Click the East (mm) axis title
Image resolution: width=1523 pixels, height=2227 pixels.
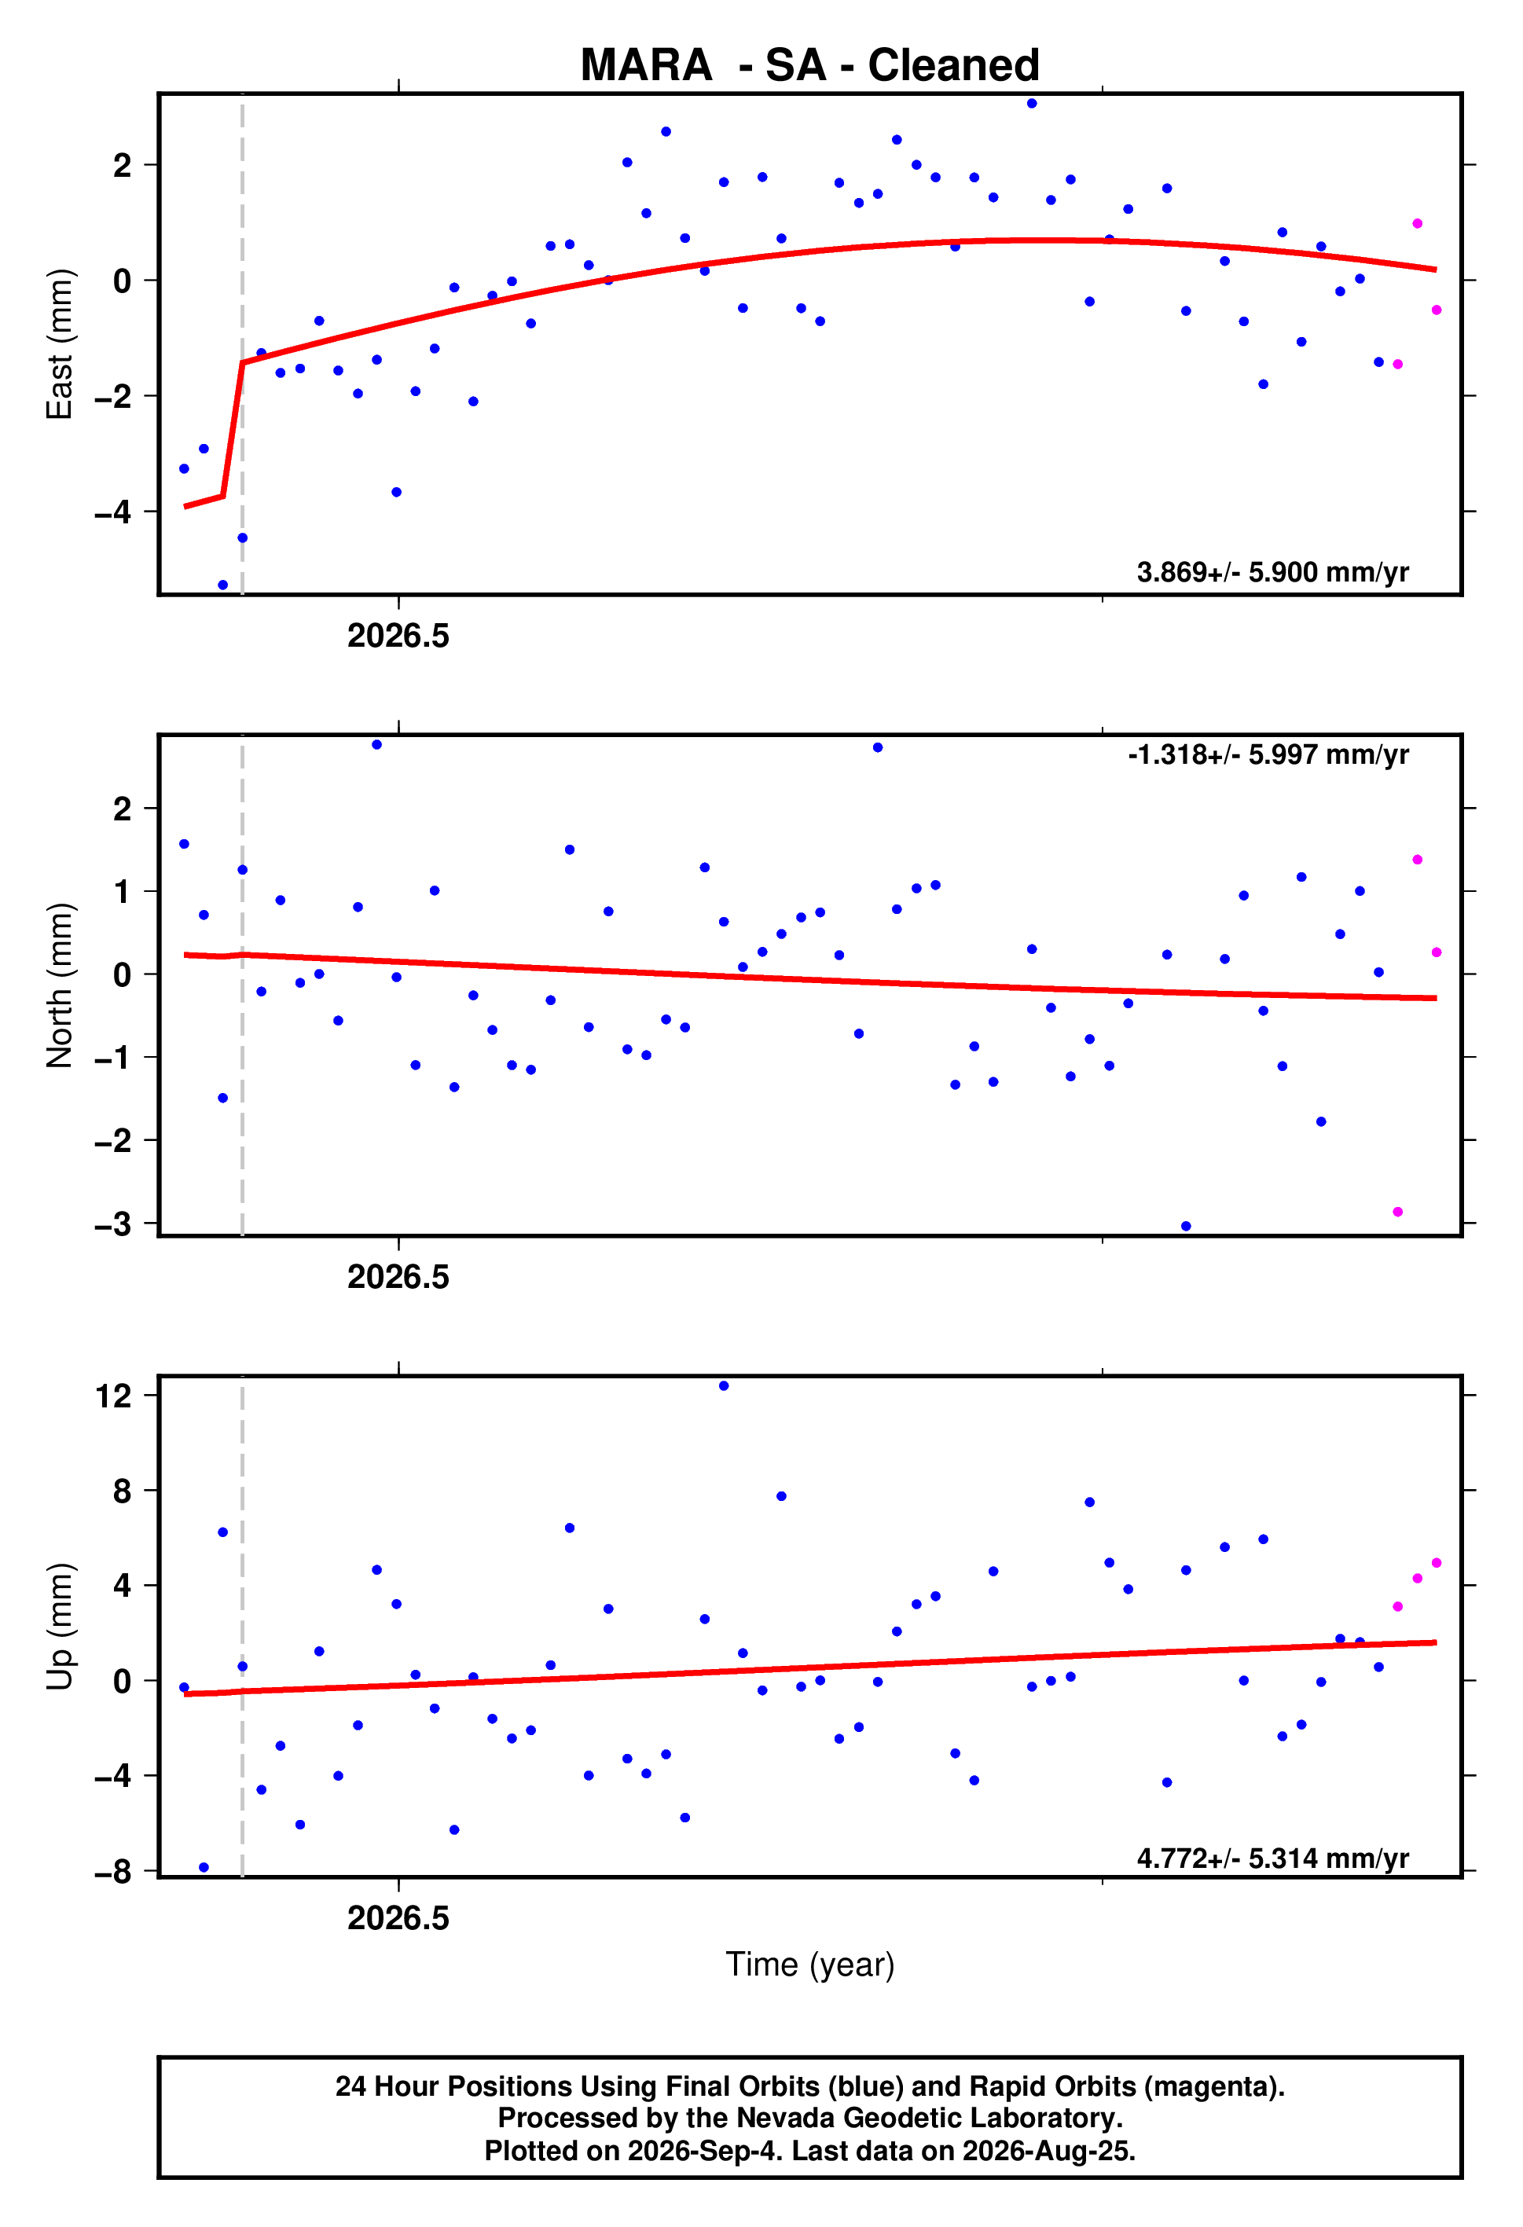click(x=60, y=344)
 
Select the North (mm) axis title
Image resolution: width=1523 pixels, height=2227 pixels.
click(x=60, y=985)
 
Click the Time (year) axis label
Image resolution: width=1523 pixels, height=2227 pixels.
click(x=810, y=1965)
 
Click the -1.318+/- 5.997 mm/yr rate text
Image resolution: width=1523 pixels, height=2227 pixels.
click(x=1268, y=754)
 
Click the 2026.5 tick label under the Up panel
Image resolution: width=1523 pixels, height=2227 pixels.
click(x=398, y=1917)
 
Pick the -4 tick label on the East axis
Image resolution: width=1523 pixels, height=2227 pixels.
click(x=113, y=512)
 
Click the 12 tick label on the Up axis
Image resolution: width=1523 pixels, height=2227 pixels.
click(x=113, y=1396)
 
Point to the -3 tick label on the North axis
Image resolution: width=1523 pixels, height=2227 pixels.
click(x=113, y=1224)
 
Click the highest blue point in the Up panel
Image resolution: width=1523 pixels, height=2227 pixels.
click(x=724, y=1385)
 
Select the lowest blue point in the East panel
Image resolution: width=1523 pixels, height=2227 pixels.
click(x=222, y=585)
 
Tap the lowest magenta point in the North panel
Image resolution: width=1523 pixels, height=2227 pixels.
click(x=1397, y=1213)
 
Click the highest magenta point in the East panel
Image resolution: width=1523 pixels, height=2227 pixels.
click(x=1417, y=223)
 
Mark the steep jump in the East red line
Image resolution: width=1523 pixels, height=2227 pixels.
click(x=232, y=429)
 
